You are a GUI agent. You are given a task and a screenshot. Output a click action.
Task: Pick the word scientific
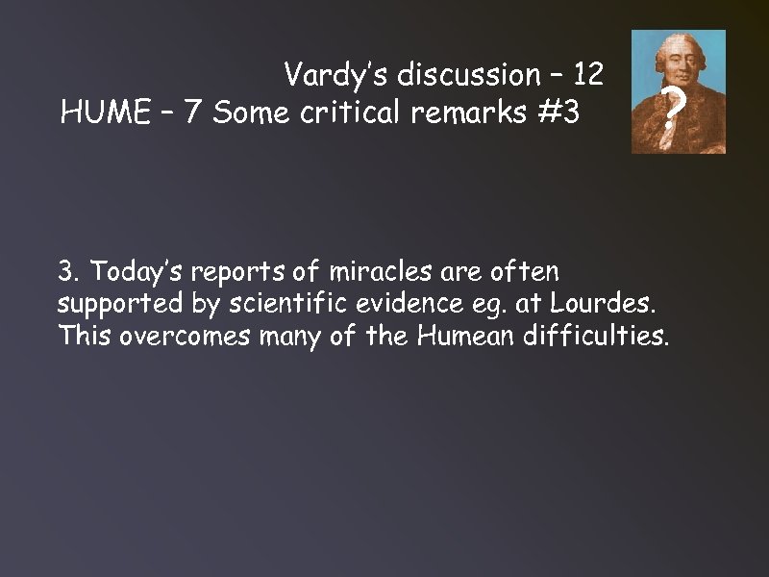[x=252, y=305]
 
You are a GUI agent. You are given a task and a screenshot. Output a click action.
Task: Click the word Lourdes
[x=607, y=305]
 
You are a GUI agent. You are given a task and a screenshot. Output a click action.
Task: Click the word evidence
[x=379, y=305]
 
